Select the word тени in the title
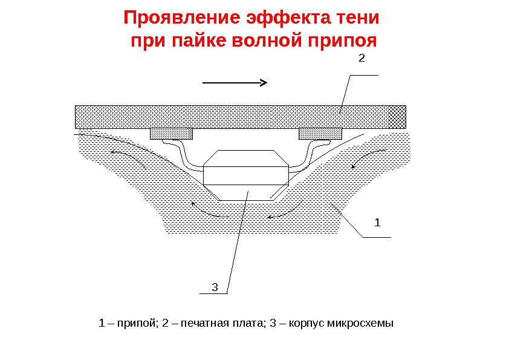point(361,18)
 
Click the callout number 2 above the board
point(361,59)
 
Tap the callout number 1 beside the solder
point(378,223)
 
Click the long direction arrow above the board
point(235,83)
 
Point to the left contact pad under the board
point(171,133)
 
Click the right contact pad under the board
point(320,133)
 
